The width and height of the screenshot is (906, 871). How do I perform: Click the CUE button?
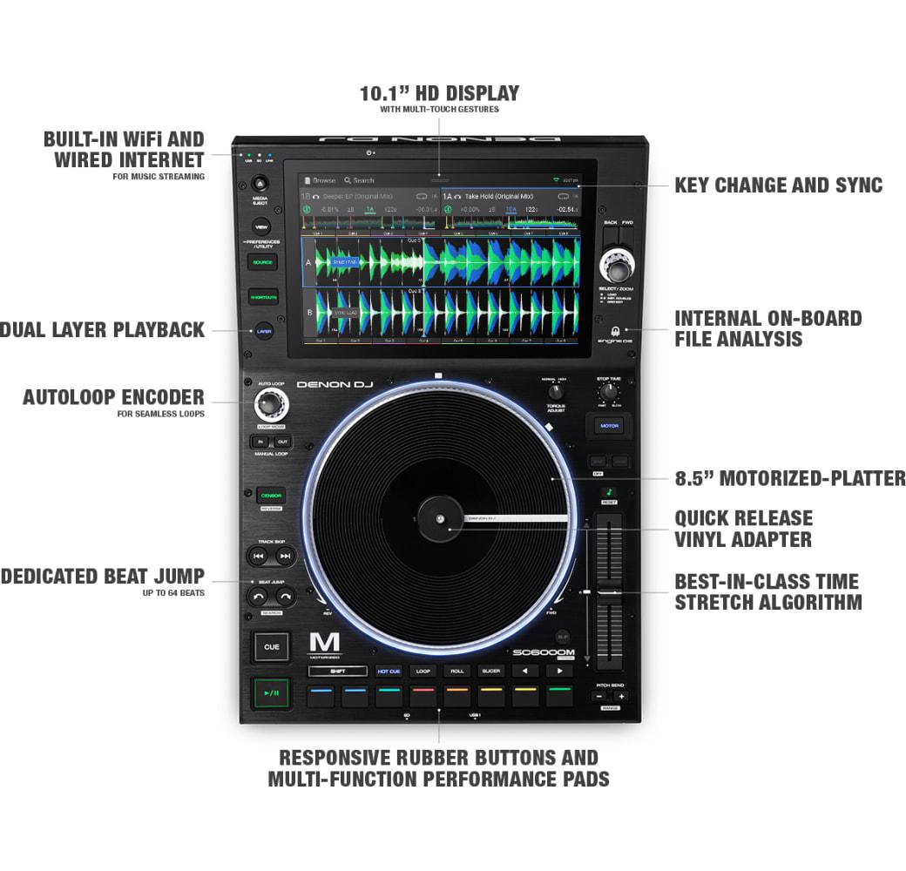click(271, 646)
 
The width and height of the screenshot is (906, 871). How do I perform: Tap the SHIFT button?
click(337, 672)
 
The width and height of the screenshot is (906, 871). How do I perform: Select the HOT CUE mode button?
click(389, 672)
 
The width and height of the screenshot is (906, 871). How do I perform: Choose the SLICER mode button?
click(490, 672)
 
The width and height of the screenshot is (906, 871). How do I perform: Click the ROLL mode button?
click(456, 672)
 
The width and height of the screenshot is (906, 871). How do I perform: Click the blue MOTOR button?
click(609, 426)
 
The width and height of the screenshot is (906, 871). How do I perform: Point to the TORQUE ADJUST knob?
click(556, 392)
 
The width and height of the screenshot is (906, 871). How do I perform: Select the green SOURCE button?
click(262, 261)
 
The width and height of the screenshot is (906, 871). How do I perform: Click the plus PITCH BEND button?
click(620, 697)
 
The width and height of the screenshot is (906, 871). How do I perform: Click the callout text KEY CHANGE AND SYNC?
click(778, 186)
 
